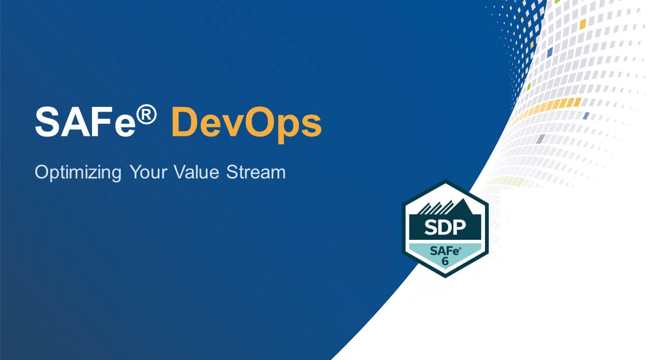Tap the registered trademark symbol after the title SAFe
click(x=147, y=117)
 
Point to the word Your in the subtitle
click(x=146, y=172)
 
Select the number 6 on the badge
click(x=445, y=261)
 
